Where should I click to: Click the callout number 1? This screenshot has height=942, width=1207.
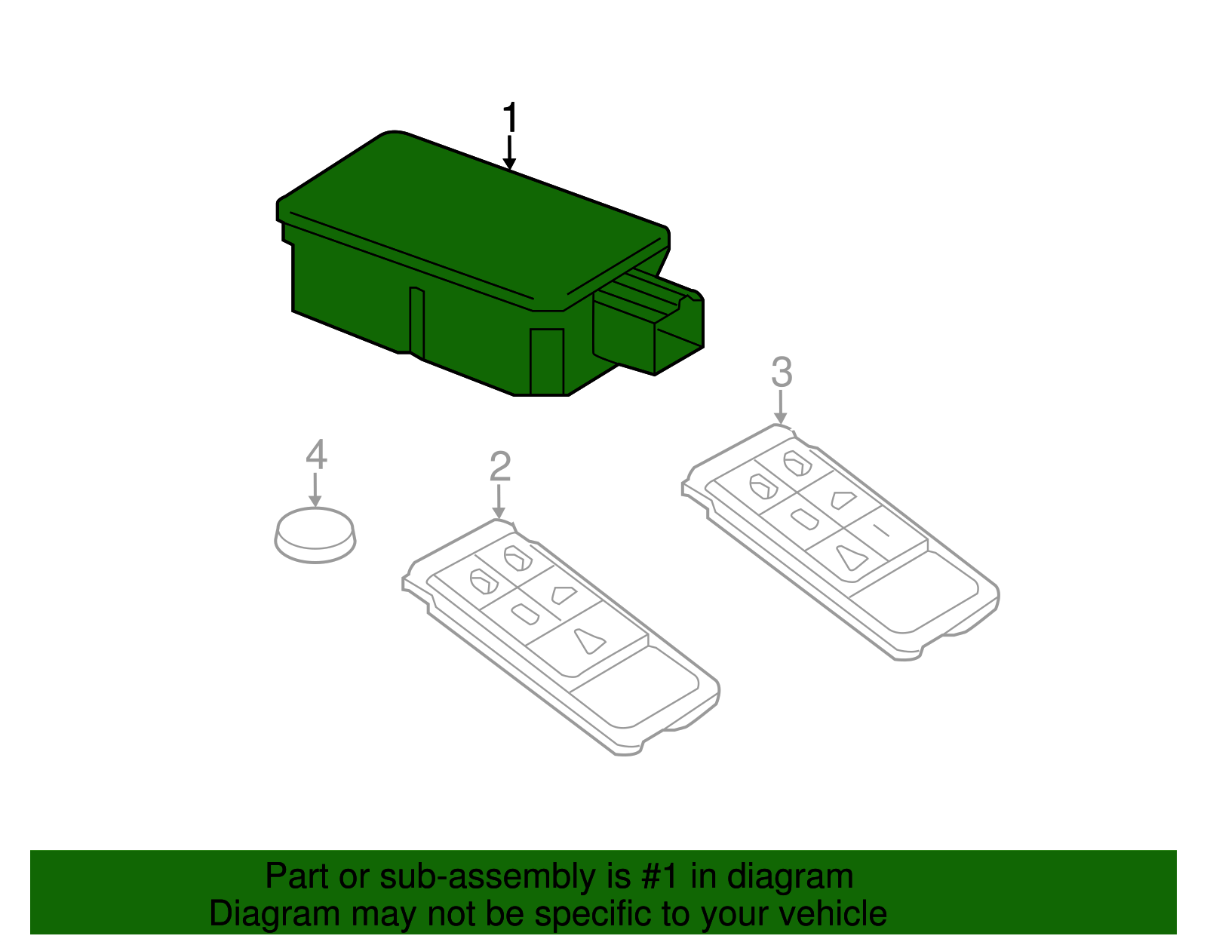(511, 118)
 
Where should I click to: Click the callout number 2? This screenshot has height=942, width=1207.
(500, 467)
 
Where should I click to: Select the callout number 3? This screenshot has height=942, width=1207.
(782, 373)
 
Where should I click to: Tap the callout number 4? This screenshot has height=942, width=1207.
(316, 455)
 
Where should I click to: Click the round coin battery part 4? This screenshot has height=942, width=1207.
(315, 535)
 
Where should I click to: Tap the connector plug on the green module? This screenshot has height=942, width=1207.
(649, 328)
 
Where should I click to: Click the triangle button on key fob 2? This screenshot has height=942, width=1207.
(589, 641)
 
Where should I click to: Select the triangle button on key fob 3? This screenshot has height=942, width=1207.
(850, 557)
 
